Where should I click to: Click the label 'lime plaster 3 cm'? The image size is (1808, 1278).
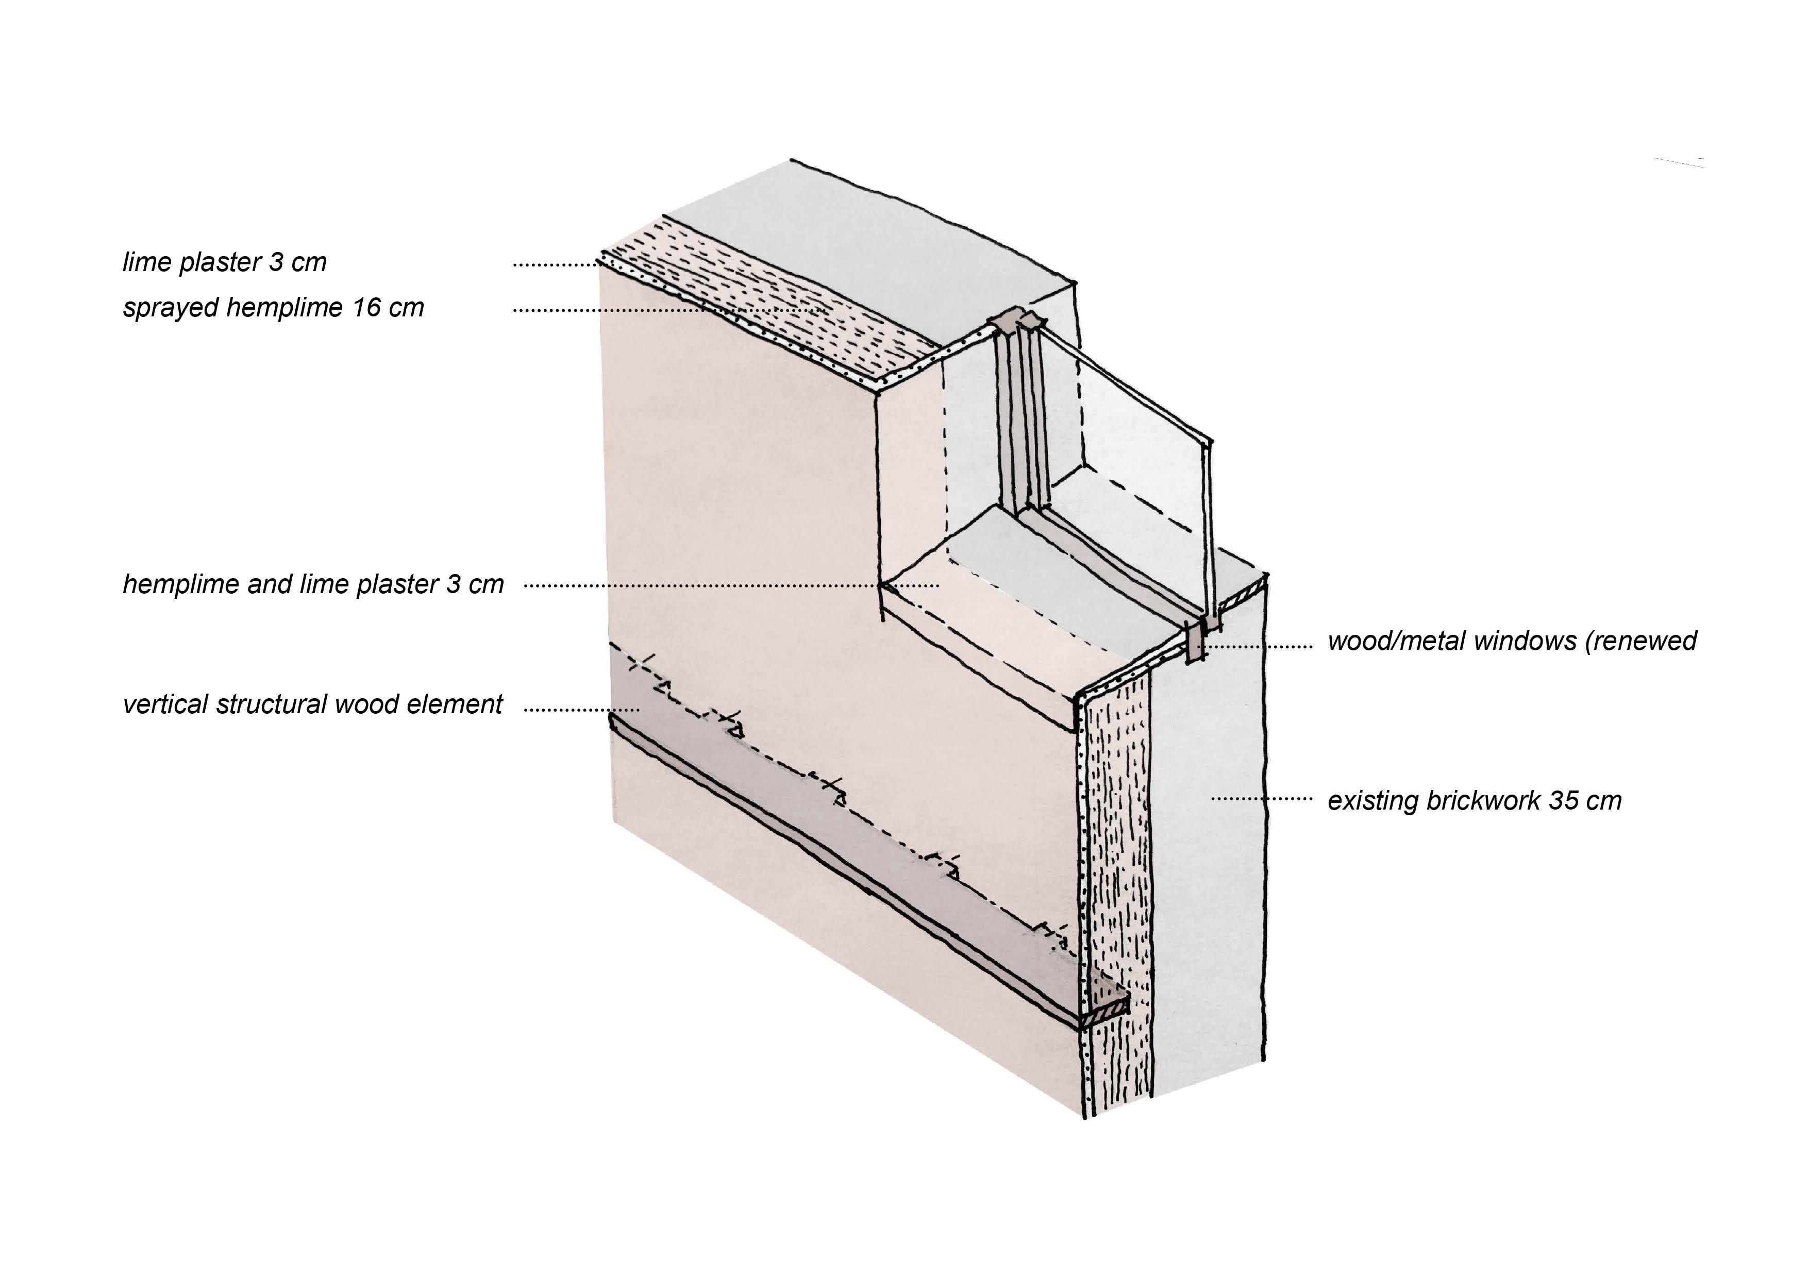coord(224,262)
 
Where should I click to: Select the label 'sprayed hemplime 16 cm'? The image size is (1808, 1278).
coord(273,307)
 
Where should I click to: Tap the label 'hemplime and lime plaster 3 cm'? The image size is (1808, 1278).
coord(313,584)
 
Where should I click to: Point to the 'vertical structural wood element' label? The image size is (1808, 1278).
coord(312,704)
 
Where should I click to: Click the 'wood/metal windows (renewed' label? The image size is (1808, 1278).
coord(1511,641)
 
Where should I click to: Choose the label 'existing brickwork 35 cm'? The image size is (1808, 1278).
coord(1474,801)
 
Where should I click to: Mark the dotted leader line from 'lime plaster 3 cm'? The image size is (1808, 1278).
coord(555,264)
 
